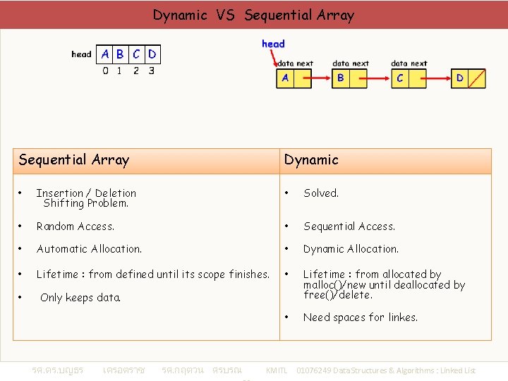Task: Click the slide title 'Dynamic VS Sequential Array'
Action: click(253, 15)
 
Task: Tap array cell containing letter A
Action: click(105, 54)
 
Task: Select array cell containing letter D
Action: click(152, 54)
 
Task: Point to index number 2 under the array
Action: click(136, 71)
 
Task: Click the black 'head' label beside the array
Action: click(81, 54)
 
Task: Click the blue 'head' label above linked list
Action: click(273, 44)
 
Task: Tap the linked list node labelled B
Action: click(341, 78)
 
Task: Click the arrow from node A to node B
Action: click(320, 78)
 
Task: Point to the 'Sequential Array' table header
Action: click(74, 160)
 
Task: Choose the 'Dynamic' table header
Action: click(311, 160)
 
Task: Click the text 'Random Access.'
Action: click(75, 226)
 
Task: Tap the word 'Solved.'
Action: click(321, 193)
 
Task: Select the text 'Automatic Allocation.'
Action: click(89, 249)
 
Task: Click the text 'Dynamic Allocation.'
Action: click(351, 249)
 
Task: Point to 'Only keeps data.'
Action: click(80, 298)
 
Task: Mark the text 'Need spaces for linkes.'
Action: click(360, 317)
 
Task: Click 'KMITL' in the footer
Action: click(277, 370)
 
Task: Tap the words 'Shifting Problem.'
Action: click(85, 203)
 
